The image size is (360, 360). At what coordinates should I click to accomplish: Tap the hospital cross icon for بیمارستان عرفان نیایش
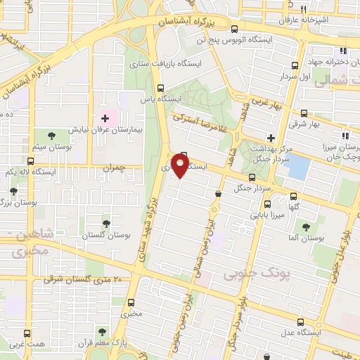pos(105,119)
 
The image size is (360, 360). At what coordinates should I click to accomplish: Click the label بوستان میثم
pos(51,146)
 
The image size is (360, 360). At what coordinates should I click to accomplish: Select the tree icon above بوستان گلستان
pos(105,223)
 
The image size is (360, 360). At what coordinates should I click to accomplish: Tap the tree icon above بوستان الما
pos(306,226)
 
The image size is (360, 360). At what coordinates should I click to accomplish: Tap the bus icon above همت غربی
pos(27,333)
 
